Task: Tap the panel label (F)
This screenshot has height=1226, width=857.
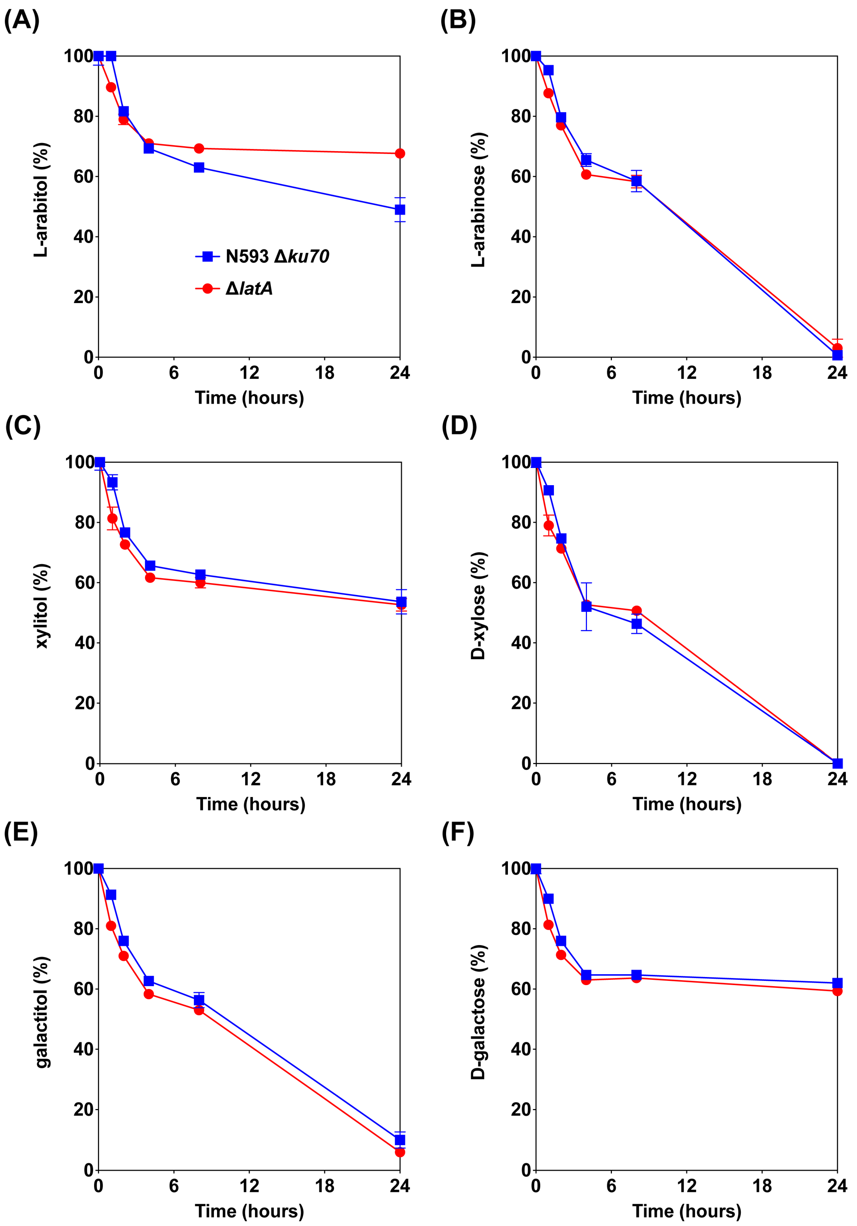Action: tap(457, 833)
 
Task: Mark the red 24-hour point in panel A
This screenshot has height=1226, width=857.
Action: tap(400, 154)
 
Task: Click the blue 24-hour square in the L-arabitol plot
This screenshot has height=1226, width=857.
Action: tap(400, 210)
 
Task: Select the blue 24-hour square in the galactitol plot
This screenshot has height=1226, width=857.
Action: tap(400, 1140)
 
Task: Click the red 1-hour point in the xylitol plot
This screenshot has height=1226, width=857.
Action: tap(112, 518)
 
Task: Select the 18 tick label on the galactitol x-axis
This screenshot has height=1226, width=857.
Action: tap(324, 1186)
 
